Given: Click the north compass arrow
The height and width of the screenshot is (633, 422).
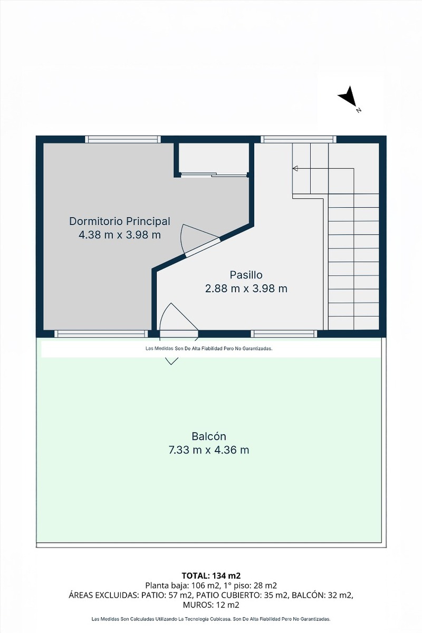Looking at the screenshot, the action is click(348, 97).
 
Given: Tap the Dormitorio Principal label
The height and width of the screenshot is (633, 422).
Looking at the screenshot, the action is click(120, 221).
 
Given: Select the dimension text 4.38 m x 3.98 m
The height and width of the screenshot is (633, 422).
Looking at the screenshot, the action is click(120, 235).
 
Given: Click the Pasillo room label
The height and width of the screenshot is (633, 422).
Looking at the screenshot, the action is click(246, 275).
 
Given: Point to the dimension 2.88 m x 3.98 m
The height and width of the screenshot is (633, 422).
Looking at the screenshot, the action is click(246, 289).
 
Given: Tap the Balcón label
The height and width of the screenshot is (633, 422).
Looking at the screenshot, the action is click(209, 436).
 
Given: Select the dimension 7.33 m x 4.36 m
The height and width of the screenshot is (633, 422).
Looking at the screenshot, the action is click(209, 450).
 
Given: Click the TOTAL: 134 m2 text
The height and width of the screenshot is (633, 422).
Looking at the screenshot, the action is click(211, 576).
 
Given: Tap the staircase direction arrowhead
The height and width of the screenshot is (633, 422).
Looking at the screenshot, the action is click(295, 168).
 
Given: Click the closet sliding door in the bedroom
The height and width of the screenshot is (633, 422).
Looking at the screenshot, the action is click(214, 175).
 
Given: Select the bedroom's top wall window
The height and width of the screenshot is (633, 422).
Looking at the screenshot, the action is click(123, 139).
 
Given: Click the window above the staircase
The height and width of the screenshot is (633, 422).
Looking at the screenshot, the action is click(299, 139).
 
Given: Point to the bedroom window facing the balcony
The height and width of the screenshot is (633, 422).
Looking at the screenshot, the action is click(101, 334).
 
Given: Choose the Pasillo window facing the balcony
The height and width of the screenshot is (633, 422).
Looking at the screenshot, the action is click(284, 334).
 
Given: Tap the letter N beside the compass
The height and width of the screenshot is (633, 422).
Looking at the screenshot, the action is click(359, 110).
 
